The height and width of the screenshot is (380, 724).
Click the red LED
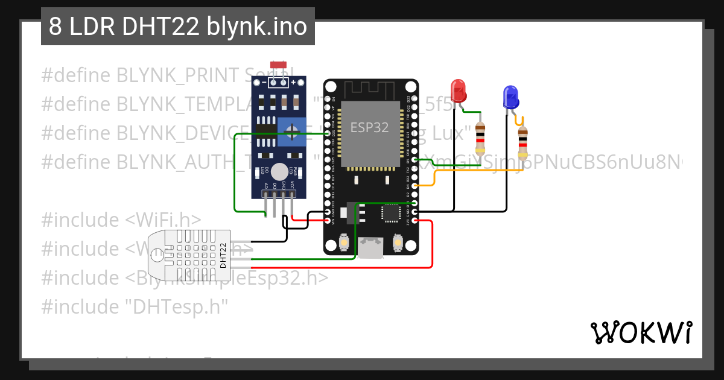point(459,91)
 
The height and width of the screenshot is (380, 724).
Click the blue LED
point(510,97)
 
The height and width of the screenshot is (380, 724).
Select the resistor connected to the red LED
point(480,138)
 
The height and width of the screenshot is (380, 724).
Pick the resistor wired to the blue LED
point(522,143)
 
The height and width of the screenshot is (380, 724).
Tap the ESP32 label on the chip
point(370,127)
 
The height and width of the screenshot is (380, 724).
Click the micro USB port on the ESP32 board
point(370,247)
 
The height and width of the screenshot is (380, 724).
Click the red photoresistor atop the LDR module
point(278,65)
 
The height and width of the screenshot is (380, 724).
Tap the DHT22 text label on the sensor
point(223,255)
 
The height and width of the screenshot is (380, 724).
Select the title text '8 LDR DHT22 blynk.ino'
point(177,27)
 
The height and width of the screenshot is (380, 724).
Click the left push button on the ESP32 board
point(344,242)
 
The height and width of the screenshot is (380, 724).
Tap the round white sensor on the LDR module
point(279,171)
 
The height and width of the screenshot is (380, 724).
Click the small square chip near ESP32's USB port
point(391,213)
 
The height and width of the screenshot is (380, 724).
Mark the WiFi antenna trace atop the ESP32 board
point(370,90)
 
